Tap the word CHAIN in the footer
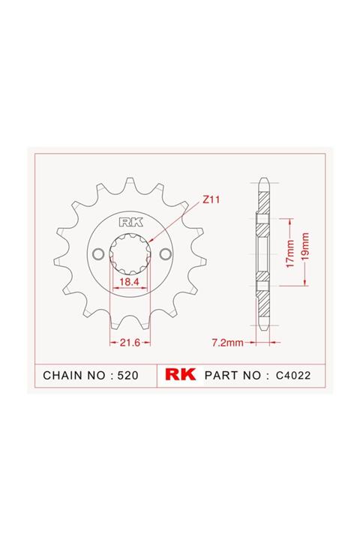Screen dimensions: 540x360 (x=62, y=374)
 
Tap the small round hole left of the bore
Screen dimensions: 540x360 (x=98, y=253)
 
